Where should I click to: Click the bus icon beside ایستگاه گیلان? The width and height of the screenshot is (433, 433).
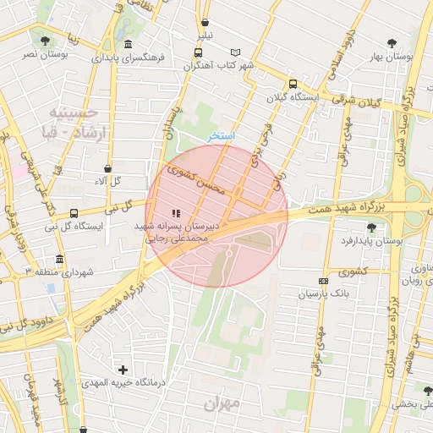pyautogui.click(x=293, y=85)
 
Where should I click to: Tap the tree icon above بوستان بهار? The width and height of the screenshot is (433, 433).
pyautogui.click(x=391, y=43)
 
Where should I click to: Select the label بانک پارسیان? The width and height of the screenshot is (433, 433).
pyautogui.click(x=321, y=295)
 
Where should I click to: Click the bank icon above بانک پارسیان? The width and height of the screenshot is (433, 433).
pyautogui.click(x=322, y=281)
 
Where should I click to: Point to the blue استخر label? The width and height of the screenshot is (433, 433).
pyautogui.click(x=222, y=136)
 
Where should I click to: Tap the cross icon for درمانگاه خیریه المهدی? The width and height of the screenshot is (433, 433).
pyautogui.click(x=123, y=370)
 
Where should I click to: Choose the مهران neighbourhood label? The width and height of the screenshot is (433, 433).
pyautogui.click(x=222, y=403)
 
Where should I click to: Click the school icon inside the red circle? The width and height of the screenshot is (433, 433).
pyautogui.click(x=175, y=213)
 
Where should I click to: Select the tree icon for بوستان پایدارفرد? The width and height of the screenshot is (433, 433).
pyautogui.click(x=371, y=227)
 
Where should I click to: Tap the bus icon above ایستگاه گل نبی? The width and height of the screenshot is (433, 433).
pyautogui.click(x=74, y=213)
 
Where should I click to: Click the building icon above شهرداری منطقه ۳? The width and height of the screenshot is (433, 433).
pyautogui.click(x=59, y=259)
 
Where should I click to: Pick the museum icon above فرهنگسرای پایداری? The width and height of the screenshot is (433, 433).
pyautogui.click(x=128, y=45)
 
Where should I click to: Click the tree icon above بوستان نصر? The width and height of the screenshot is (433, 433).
pyautogui.click(x=43, y=40)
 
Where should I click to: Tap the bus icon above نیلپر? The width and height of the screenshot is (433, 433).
pyautogui.click(x=206, y=22)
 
